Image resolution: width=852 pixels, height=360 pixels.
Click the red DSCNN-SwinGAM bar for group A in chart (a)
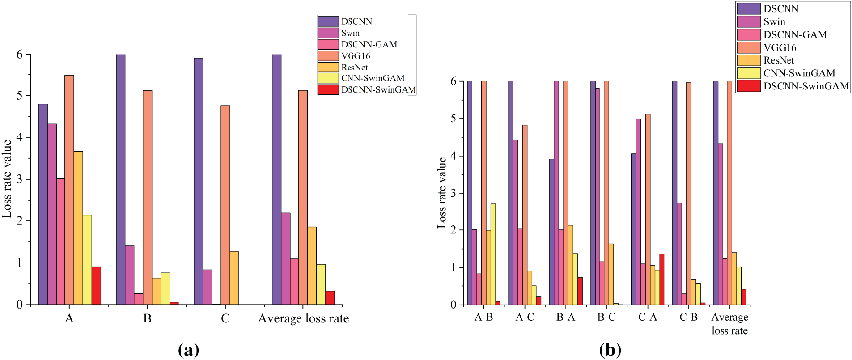[96, 285]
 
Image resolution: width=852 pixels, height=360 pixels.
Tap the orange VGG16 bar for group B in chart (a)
[147, 197]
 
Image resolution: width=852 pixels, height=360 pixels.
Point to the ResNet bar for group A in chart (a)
[78, 228]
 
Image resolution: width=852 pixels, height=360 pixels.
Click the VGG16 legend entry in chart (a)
[355, 56]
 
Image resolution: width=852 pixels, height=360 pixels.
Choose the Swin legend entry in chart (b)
[774, 21]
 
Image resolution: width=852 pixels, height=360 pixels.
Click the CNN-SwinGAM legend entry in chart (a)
[372, 78]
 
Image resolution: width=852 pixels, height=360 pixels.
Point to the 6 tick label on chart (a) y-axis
[19, 54]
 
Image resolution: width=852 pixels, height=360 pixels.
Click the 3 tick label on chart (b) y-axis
[454, 193]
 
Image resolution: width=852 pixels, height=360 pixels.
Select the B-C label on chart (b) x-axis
[606, 317]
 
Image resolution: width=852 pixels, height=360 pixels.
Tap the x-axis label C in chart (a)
[225, 318]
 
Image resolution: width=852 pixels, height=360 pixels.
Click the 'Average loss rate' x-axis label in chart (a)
[303, 318]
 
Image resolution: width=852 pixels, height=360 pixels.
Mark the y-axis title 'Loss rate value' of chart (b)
[442, 193]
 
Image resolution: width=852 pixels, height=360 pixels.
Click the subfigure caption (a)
[188, 350]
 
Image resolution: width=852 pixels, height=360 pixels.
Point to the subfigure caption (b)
[610, 350]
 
